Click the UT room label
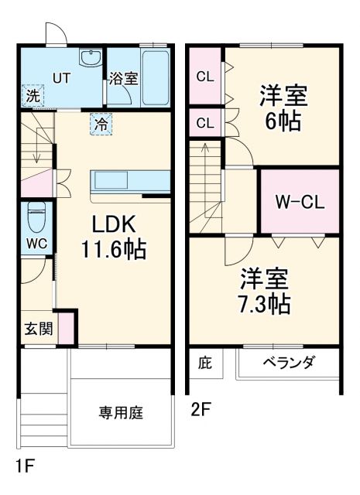61,77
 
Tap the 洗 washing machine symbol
33,96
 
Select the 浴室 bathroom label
123,78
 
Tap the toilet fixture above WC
36,218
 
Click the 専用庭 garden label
120,412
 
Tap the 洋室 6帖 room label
283,109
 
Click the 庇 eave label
204,362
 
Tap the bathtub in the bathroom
156,77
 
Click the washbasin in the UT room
91,59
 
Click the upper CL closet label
205,76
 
